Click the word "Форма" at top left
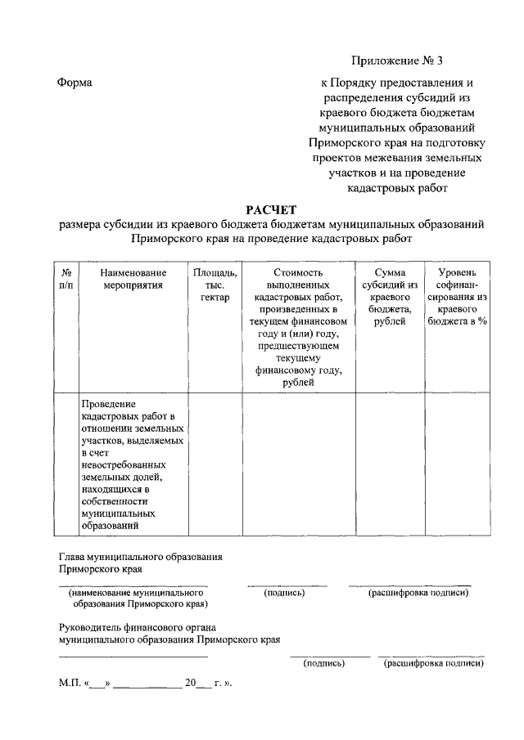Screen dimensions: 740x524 point(75,83)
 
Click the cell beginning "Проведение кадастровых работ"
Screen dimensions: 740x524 point(133,464)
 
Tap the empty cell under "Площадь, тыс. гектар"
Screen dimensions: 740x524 point(215,464)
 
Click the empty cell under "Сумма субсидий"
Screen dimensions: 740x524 point(390,464)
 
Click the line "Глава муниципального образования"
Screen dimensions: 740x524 point(141,557)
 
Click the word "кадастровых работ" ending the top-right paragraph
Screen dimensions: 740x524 point(396,187)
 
